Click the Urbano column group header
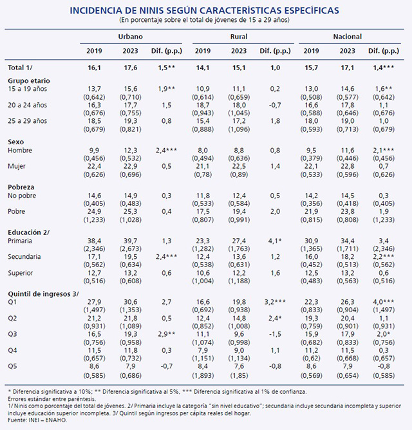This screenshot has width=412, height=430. coord(130,37)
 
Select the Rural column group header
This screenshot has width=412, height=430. coord(239,37)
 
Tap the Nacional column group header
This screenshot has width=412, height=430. coord(347,37)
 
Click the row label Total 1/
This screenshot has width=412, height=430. coord(20,68)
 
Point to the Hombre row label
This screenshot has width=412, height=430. coord(20,150)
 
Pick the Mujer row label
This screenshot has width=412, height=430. coord(17,166)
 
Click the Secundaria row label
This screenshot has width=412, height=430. coord(24,257)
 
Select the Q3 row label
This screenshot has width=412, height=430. coord(12,334)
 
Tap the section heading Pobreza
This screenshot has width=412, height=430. coord(21,187)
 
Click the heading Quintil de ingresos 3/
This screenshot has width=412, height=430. coord(43,294)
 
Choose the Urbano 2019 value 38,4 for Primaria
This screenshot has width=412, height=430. coord(94,241)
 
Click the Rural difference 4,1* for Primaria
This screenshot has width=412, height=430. coord(275,241)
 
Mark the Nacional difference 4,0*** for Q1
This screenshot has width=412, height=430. coord(384,302)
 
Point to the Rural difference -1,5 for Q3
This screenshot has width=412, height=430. coord(275,334)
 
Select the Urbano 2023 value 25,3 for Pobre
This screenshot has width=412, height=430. coord(130,211)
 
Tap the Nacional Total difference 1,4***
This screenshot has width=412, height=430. coord(384,68)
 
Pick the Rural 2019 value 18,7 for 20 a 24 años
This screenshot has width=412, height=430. coord(203,105)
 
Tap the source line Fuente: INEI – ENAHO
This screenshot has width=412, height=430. coord(37,420)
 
